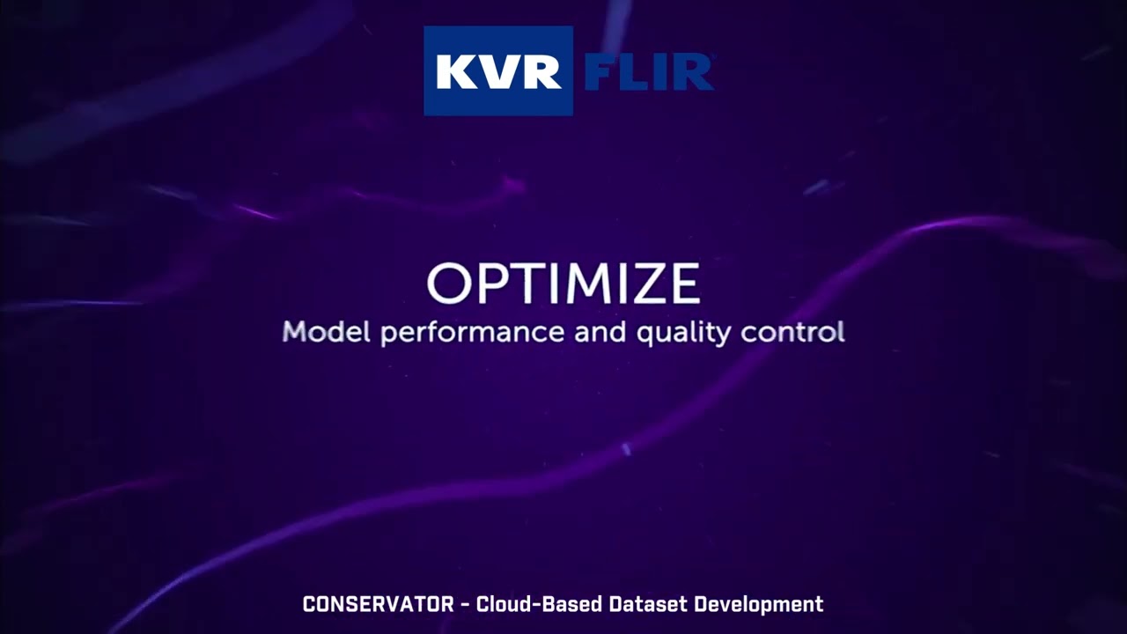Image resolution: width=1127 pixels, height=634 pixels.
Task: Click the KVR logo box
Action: click(x=498, y=70)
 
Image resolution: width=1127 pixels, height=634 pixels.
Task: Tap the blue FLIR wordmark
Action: click(x=648, y=72)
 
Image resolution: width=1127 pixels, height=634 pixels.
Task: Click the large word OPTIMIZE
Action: click(x=563, y=284)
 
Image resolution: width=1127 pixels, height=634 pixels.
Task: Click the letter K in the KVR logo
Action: click(x=455, y=72)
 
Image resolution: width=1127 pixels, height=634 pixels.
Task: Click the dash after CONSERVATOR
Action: click(x=463, y=605)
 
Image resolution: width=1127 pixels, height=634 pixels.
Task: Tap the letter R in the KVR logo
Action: click(x=540, y=72)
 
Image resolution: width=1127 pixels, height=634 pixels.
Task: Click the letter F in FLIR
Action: click(x=600, y=72)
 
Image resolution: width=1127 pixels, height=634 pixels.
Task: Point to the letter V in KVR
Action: click(x=497, y=72)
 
